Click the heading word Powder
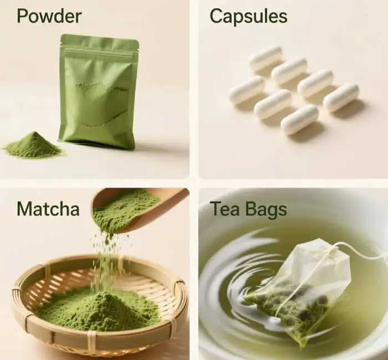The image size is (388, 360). pyautogui.click(x=49, y=16)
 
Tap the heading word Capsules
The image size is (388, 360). pyautogui.click(x=248, y=16)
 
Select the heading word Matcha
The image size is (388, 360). pyautogui.click(x=48, y=209)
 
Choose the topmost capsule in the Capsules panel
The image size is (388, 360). pyautogui.click(x=266, y=58)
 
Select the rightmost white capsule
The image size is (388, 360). pyautogui.click(x=341, y=97)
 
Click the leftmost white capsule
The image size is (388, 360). pyautogui.click(x=246, y=90)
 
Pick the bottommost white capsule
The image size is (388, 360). pyautogui.click(x=299, y=119)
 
